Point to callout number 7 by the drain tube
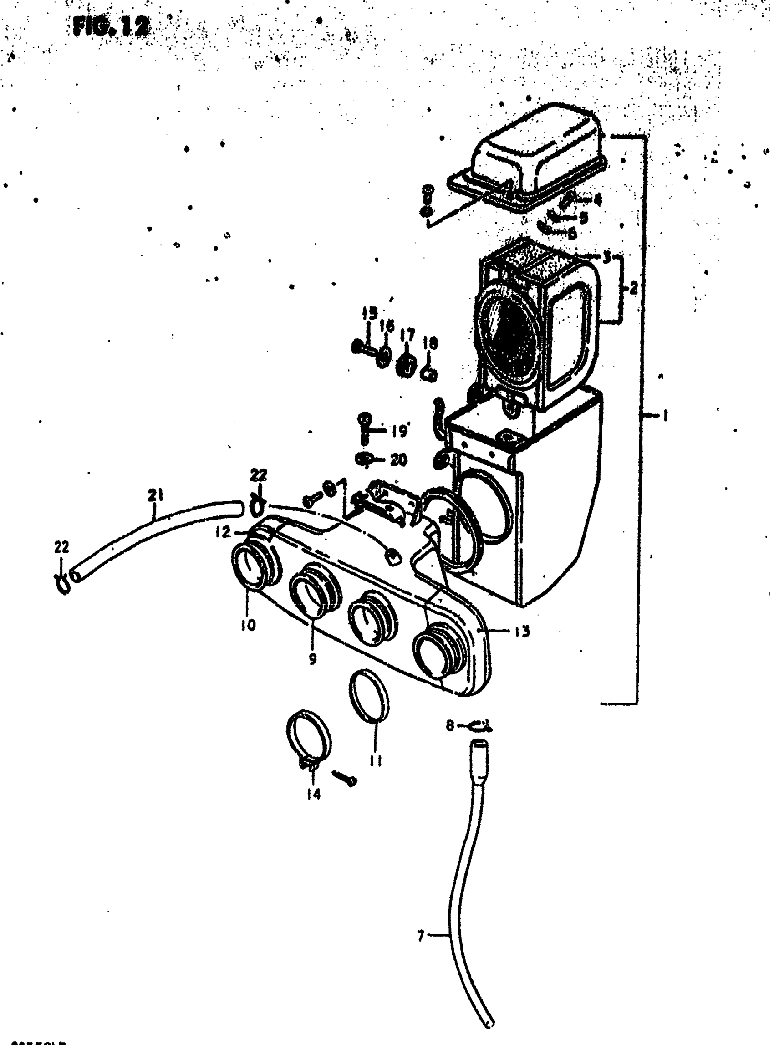click(x=420, y=936)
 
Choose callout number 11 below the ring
click(x=375, y=760)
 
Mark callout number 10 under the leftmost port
click(x=248, y=625)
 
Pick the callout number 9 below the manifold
click(x=312, y=658)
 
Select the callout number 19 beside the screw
click(x=399, y=431)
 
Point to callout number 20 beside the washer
click(x=398, y=460)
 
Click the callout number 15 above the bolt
click(x=369, y=313)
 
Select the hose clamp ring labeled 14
click(x=307, y=742)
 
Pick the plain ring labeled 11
click(x=369, y=701)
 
